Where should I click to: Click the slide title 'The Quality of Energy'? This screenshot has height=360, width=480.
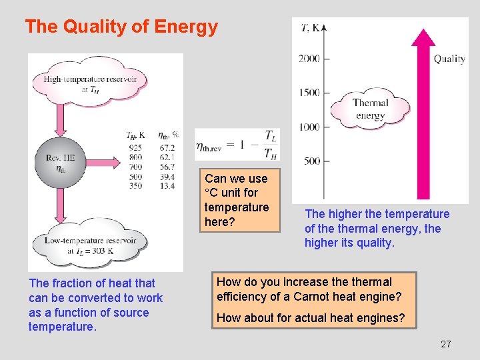(121, 27)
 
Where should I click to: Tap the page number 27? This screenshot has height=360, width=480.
(446, 344)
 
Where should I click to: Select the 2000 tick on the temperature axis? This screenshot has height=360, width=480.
(309, 59)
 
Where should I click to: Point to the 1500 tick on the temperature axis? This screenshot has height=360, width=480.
(309, 93)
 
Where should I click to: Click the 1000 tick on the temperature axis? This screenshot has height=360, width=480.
(309, 127)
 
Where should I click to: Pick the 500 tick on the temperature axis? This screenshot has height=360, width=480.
(311, 161)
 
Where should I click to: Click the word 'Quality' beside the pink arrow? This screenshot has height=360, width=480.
(449, 59)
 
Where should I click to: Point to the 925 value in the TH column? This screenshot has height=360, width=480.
(135, 147)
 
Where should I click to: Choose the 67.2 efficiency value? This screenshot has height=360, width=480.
(167, 147)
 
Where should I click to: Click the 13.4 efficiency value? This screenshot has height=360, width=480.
(167, 186)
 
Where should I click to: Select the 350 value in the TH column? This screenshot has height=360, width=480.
(135, 186)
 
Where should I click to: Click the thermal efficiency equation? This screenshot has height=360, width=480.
(237, 145)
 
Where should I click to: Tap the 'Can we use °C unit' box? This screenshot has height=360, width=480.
(237, 200)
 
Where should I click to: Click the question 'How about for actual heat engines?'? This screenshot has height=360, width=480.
(311, 318)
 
